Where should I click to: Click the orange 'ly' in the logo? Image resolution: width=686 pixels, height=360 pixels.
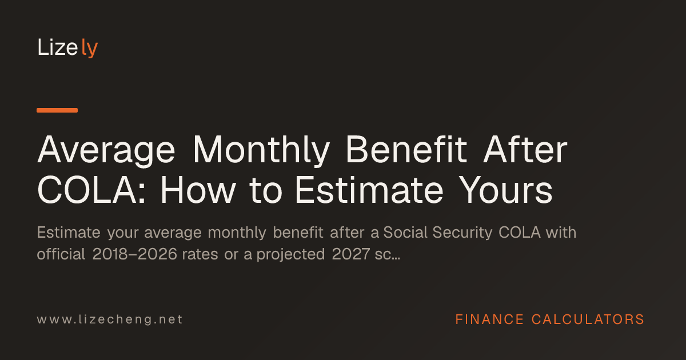[x=89, y=48]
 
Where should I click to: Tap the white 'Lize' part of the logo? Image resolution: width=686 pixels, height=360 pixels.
[x=58, y=47]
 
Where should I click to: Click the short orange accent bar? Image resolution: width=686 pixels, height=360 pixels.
[x=57, y=110]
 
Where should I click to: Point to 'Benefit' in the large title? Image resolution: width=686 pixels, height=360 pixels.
[x=406, y=149]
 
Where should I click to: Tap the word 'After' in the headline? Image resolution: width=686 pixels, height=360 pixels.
[x=525, y=149]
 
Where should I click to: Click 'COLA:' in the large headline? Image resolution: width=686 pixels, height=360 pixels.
[x=91, y=190]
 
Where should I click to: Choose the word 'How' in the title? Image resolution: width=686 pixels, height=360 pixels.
[x=198, y=190]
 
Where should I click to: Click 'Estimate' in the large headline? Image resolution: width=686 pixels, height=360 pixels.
[x=369, y=190]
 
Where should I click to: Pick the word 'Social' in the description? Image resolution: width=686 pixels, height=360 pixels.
[x=405, y=233]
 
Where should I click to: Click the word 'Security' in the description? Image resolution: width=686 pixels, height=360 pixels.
[x=462, y=233]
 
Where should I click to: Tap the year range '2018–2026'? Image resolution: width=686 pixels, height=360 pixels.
[x=135, y=254]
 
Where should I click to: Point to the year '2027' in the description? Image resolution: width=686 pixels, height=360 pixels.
[x=350, y=254]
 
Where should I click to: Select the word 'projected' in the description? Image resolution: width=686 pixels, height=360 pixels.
[x=290, y=255]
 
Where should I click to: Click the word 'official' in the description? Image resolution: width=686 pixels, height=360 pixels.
[x=61, y=254]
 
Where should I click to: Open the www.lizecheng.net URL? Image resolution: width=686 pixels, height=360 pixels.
[x=110, y=319]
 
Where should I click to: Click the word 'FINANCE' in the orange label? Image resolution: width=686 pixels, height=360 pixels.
[x=489, y=319]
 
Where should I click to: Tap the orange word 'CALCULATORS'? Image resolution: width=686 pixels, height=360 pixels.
[x=588, y=319]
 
